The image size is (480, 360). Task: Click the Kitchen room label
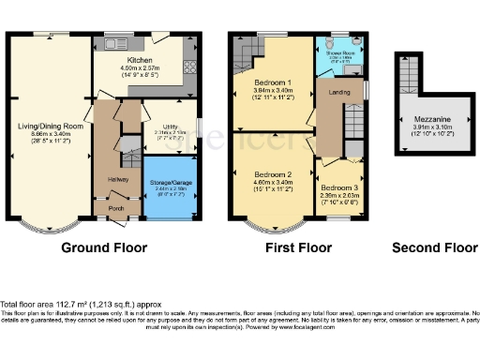point(140,59)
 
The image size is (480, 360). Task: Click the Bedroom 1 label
point(271,82)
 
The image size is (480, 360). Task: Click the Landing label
point(338,92)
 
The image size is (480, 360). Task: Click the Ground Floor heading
point(104,248)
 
